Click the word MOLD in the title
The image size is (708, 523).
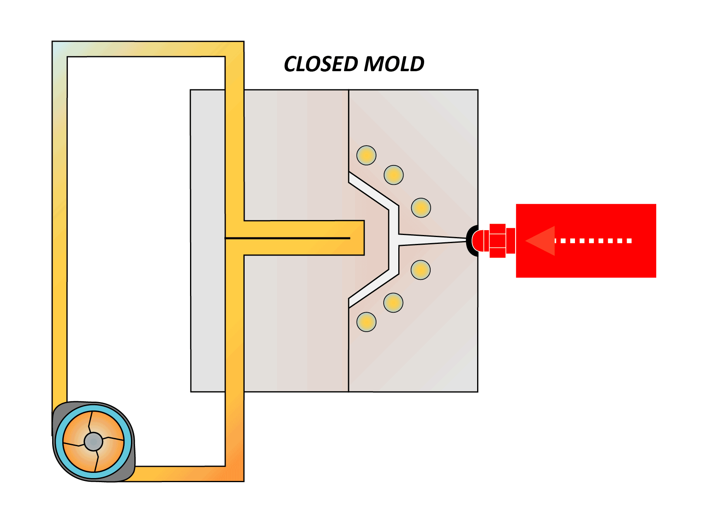[x=394, y=64]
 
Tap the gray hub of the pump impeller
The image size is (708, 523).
[x=93, y=441]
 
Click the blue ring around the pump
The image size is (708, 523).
[x=59, y=441]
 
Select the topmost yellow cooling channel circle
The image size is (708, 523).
[x=366, y=155]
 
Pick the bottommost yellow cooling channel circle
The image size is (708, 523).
[x=366, y=322]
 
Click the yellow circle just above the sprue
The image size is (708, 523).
[x=421, y=208]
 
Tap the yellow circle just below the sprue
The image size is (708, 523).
[x=421, y=270]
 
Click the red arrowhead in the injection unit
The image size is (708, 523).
[x=541, y=241]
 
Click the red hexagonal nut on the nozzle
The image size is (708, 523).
[x=497, y=241]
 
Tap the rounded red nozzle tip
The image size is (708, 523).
[x=480, y=241]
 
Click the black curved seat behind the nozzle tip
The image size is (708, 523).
[x=469, y=241]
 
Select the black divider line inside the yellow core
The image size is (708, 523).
[x=287, y=238]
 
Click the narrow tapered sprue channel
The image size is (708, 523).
[x=433, y=240]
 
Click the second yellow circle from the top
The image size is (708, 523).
[x=393, y=175]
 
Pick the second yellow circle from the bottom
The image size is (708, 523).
[x=393, y=303]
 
